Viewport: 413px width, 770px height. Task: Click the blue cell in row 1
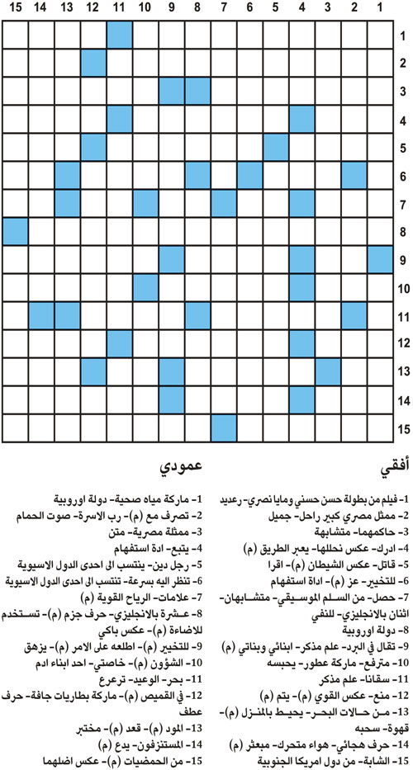click(119, 35)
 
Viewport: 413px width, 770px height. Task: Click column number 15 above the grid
click(16, 9)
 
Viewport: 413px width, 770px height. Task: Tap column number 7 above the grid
click(223, 9)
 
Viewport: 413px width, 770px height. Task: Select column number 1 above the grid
click(378, 9)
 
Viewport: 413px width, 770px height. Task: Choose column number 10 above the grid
click(145, 9)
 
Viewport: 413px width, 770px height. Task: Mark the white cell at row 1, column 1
click(378, 35)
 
